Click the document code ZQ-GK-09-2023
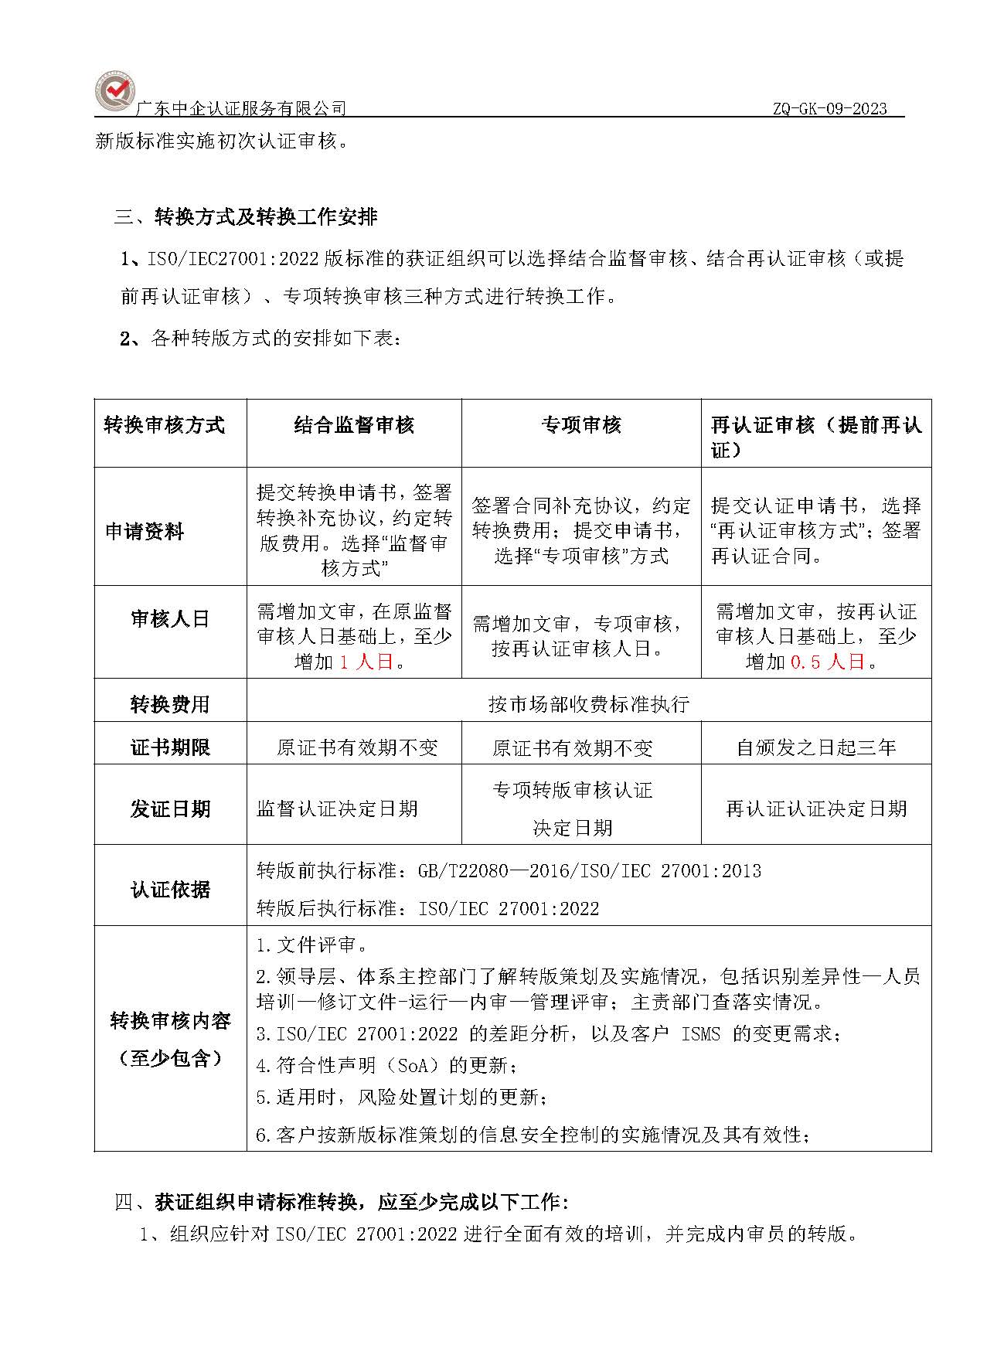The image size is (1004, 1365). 829,109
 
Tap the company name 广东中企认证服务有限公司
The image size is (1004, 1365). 240,109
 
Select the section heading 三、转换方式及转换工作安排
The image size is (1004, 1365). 246,217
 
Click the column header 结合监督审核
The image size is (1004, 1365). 354,425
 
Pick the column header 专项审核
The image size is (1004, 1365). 581,425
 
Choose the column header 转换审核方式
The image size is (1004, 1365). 165,425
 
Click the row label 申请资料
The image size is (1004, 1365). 145,532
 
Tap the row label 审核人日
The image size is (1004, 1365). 170,619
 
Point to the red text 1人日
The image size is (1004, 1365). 366,662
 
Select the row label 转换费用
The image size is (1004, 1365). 170,704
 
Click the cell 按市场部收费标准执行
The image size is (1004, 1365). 588,704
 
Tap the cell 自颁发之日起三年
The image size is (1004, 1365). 816,747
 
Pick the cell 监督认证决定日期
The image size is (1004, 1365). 337,808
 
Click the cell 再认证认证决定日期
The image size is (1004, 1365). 816,808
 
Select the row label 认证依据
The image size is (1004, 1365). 170,890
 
